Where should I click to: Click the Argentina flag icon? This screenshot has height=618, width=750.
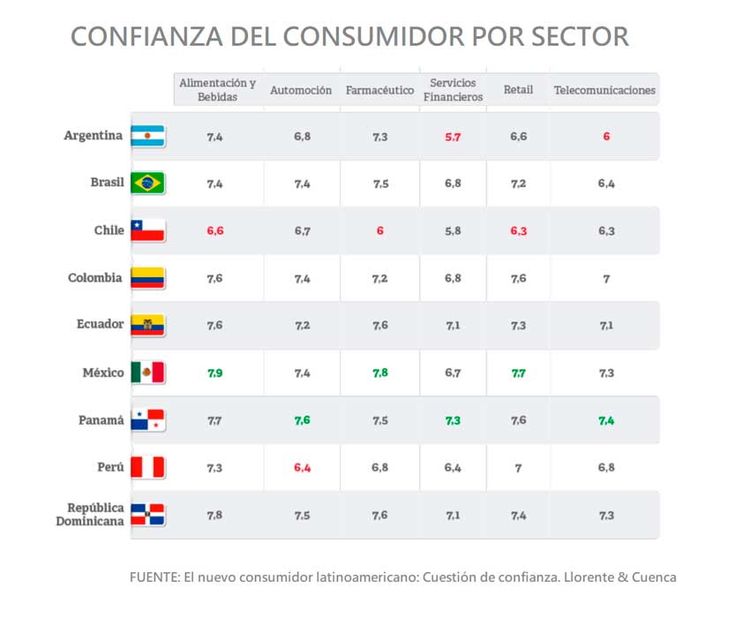point(148,136)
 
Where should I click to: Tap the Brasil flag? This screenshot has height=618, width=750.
point(148,184)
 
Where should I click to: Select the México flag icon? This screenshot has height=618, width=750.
point(148,373)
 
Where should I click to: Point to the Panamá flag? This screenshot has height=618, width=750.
point(148,420)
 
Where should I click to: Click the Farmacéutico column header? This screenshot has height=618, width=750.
point(379,90)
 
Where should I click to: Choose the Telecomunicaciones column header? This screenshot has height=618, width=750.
point(604,90)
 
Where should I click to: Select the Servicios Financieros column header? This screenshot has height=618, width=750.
point(453,90)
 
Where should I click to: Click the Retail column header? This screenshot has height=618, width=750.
point(518,90)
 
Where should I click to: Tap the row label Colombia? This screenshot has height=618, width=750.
point(94,278)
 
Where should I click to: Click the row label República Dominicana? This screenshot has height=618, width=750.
point(88,515)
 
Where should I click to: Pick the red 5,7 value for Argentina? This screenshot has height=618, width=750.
point(453,137)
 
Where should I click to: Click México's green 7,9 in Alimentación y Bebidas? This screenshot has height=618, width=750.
point(214,373)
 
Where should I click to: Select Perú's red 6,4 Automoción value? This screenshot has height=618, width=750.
point(302,468)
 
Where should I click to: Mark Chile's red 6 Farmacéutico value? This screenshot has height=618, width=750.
point(379,231)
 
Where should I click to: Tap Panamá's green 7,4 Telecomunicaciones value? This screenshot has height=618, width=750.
point(606,421)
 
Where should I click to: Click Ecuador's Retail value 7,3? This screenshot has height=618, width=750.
point(518,326)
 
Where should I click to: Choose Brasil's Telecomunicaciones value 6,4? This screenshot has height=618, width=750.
point(606,184)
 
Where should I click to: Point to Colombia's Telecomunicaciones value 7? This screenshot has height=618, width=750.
point(606,279)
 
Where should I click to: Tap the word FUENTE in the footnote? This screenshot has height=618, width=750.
point(152,577)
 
